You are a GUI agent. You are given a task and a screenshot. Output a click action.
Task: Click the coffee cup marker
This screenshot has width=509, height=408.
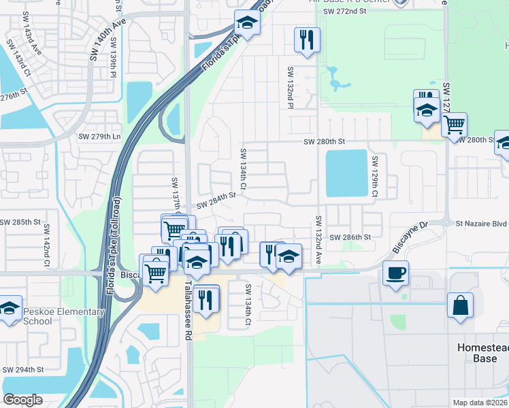click(x=395, y=274)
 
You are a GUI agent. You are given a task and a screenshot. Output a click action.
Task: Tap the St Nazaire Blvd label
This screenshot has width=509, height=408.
click(x=482, y=222)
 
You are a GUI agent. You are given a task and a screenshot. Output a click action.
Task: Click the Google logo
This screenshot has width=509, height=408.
click(x=23, y=399)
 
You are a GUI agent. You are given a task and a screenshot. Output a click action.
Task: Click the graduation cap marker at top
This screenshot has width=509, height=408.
click(x=247, y=24)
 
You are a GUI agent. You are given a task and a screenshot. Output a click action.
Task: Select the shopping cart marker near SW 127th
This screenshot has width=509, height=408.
click(x=453, y=125)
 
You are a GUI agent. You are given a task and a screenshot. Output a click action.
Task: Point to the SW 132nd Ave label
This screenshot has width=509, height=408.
click(x=318, y=240)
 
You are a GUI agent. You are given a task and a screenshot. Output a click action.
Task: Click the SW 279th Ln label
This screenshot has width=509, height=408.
click(x=99, y=137)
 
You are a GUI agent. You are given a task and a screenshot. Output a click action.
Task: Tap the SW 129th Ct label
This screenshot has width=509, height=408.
click(x=374, y=178)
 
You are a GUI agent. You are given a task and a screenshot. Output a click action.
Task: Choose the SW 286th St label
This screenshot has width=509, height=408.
click(x=350, y=237)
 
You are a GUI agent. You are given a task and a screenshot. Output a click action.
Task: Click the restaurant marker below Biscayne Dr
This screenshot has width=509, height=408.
click(x=206, y=298)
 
